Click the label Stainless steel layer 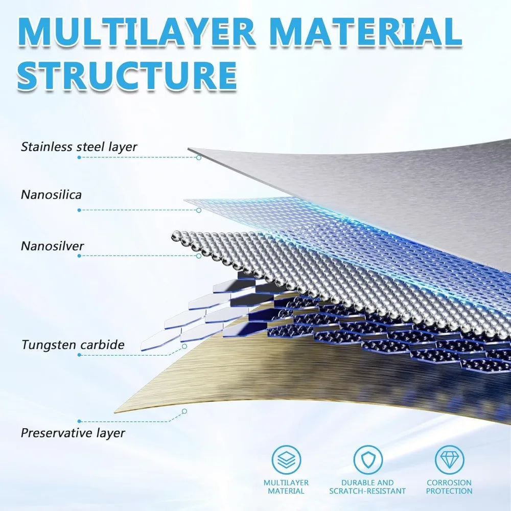(79, 147)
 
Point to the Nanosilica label (51, 195)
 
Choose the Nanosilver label (52, 246)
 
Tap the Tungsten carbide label (73, 344)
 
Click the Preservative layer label (73, 433)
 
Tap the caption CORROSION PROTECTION (449, 486)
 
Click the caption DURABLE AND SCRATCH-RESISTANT (367, 486)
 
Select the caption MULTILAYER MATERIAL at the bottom (286, 486)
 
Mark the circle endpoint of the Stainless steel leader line (199, 157)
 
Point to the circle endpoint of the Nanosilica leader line (199, 210)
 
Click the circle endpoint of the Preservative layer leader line (184, 411)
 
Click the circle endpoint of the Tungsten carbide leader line (184, 346)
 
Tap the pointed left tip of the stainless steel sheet (189, 149)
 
